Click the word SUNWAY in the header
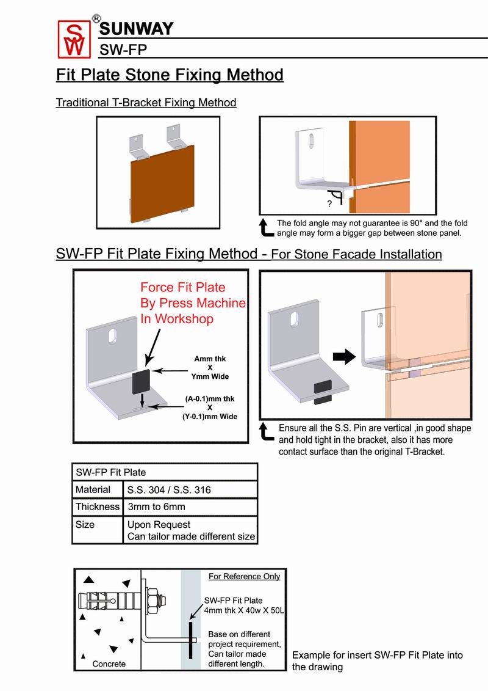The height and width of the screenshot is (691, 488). [135, 29]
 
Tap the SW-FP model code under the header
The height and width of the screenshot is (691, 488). [122, 49]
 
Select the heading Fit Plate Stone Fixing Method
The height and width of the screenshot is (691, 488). [170, 75]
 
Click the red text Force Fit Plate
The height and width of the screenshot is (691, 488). [183, 287]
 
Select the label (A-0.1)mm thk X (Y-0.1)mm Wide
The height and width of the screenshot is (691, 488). [210, 408]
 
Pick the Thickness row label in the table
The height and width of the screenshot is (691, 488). [98, 507]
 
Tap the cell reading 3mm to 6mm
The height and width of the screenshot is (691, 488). [156, 507]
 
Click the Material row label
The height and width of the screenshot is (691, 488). [93, 490]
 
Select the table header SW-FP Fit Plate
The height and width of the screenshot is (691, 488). [111, 472]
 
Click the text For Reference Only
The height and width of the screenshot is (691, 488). [244, 576]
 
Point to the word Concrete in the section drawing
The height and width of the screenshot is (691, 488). [109, 664]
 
